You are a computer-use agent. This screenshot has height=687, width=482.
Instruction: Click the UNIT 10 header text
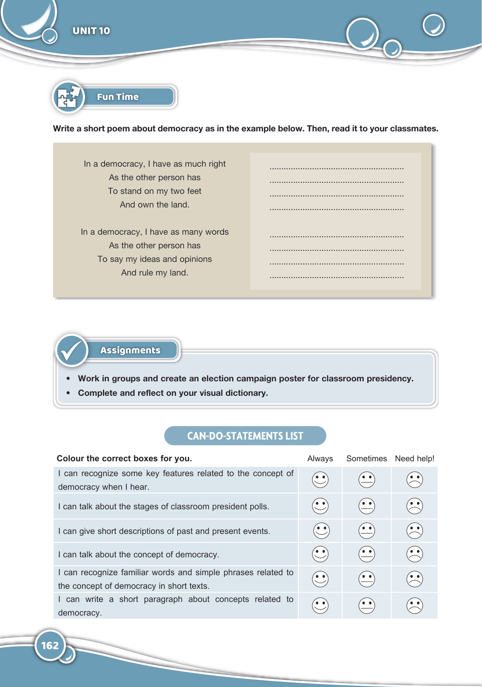(91, 31)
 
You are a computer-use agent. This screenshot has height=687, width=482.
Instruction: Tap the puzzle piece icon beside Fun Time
(68, 97)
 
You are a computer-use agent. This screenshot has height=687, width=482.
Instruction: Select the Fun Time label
(118, 97)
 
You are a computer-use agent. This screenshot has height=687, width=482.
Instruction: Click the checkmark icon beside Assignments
(72, 351)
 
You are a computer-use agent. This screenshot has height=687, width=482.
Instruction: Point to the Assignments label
(130, 350)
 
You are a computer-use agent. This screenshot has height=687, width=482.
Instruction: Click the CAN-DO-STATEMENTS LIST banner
(245, 436)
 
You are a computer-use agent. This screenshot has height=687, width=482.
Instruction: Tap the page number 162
(50, 645)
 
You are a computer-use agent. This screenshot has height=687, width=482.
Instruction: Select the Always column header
(320, 459)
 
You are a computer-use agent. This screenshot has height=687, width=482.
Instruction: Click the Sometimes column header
(366, 459)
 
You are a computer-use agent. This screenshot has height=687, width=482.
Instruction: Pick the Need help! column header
(414, 459)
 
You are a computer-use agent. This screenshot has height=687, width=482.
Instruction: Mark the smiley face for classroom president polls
(320, 506)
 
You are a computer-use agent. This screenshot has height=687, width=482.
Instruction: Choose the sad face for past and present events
(414, 531)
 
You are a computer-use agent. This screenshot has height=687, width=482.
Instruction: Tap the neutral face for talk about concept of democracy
(367, 554)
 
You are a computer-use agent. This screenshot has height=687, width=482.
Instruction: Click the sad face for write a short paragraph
(414, 605)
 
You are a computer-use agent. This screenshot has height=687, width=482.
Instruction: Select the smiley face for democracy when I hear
(320, 480)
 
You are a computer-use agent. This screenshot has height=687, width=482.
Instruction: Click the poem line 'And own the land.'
(155, 204)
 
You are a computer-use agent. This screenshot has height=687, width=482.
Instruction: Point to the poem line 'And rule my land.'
(155, 273)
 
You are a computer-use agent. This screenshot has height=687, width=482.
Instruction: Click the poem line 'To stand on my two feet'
(155, 191)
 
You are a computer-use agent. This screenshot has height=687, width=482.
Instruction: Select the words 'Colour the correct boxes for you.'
(125, 458)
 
